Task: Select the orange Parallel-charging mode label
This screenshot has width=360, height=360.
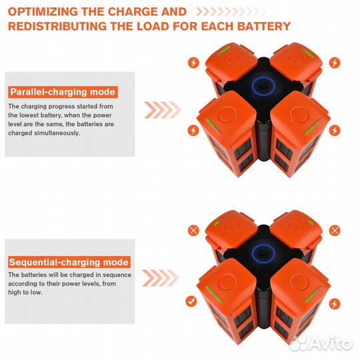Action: [x=62, y=92]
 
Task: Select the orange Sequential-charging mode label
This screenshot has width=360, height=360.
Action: [x=69, y=262]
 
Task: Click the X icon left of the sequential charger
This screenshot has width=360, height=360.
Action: [x=193, y=230]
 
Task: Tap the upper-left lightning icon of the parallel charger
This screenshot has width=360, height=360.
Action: [x=193, y=62]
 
